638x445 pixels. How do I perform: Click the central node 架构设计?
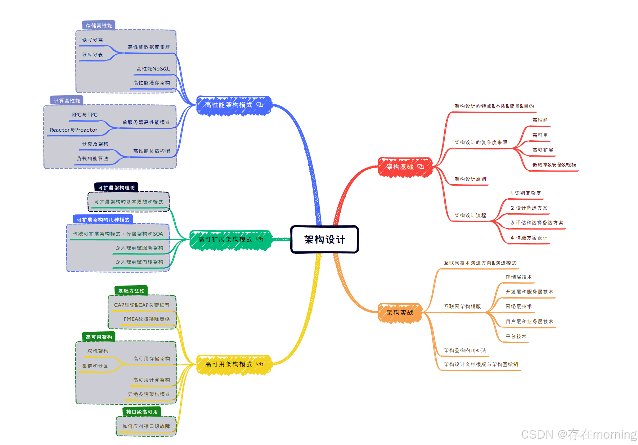coord(324,240)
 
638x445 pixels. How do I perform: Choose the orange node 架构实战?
coord(400,313)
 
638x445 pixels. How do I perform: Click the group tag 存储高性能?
coord(99,26)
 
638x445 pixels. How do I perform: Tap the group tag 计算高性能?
coord(67,101)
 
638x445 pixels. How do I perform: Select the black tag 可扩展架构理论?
coord(116,188)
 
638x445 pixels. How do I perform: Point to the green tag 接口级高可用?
coord(141,412)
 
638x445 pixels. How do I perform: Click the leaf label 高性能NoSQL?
coord(153,69)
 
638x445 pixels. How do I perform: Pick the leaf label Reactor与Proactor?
coord(73,130)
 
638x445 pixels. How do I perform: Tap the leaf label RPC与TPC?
coord(84,115)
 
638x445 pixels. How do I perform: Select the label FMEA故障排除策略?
coord(147,319)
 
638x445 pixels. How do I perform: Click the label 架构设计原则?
coord(470,179)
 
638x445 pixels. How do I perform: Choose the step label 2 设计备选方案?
coord(529,208)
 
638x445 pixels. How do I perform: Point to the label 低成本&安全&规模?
coord(554,165)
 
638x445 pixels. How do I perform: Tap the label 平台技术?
coord(516,336)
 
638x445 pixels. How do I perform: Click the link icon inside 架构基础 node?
coord(421,167)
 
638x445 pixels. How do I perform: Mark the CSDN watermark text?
coord(579,434)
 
